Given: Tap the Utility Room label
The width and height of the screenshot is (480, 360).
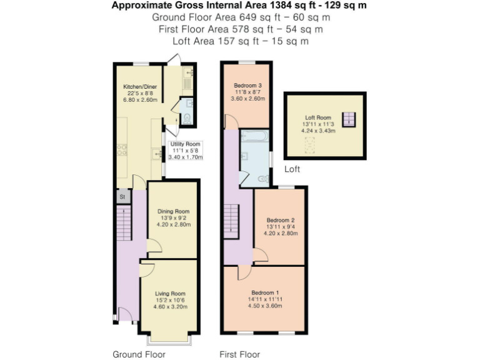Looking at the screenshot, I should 186,144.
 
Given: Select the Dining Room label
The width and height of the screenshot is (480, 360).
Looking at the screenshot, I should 173,211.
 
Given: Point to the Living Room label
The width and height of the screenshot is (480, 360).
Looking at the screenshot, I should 171,293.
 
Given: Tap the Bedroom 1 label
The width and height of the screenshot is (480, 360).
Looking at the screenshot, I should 266,292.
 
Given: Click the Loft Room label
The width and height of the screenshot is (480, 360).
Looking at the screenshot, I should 318,117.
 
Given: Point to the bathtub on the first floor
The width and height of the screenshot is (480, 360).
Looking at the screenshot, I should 254,136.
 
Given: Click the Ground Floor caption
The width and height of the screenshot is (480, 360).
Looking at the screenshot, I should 139,354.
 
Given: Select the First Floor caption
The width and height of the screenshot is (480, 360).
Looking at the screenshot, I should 239,354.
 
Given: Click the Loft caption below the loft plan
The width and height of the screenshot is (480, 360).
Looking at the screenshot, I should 292,169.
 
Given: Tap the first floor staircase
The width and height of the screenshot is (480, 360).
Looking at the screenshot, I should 231,219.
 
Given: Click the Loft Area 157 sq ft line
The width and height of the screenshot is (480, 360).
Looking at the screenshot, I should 239,41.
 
